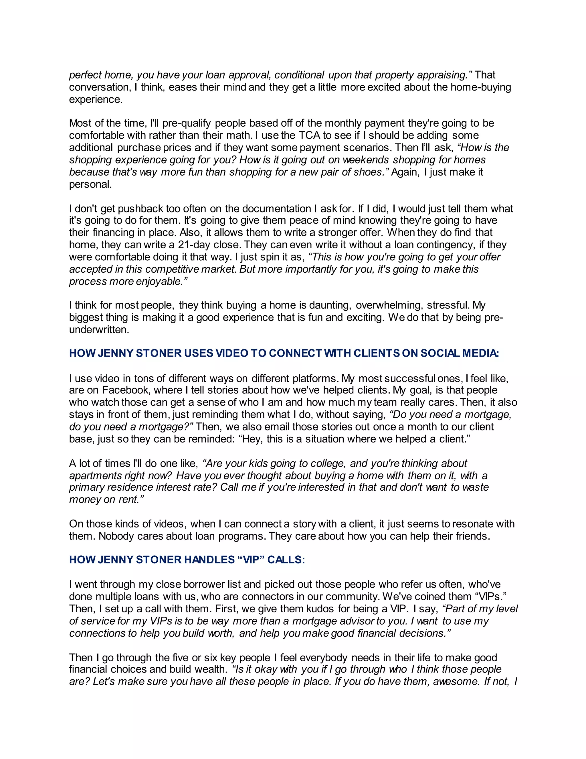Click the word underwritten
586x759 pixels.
[x=99, y=329]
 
